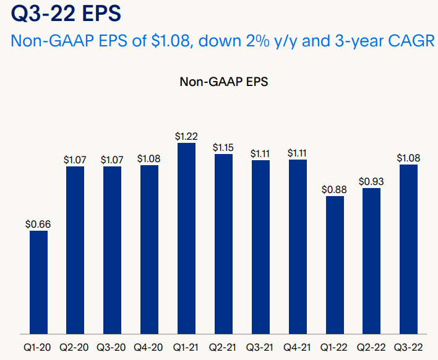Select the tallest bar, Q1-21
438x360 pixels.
tap(186, 239)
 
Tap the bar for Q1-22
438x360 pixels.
tap(335, 265)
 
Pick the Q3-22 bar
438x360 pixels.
tap(408, 249)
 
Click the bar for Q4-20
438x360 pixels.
tap(149, 249)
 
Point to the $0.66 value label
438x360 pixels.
tap(38, 224)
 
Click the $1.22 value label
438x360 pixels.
tap(186, 136)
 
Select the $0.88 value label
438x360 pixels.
tap(335, 189)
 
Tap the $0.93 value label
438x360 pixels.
tap(371, 181)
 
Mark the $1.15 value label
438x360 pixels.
tap(223, 147)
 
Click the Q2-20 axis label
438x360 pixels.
tap(75, 348)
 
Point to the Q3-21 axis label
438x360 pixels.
tap(260, 348)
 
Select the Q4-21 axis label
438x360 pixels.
tap(298, 348)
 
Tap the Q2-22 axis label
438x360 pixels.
tap(371, 348)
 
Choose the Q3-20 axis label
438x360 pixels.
tap(112, 348)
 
